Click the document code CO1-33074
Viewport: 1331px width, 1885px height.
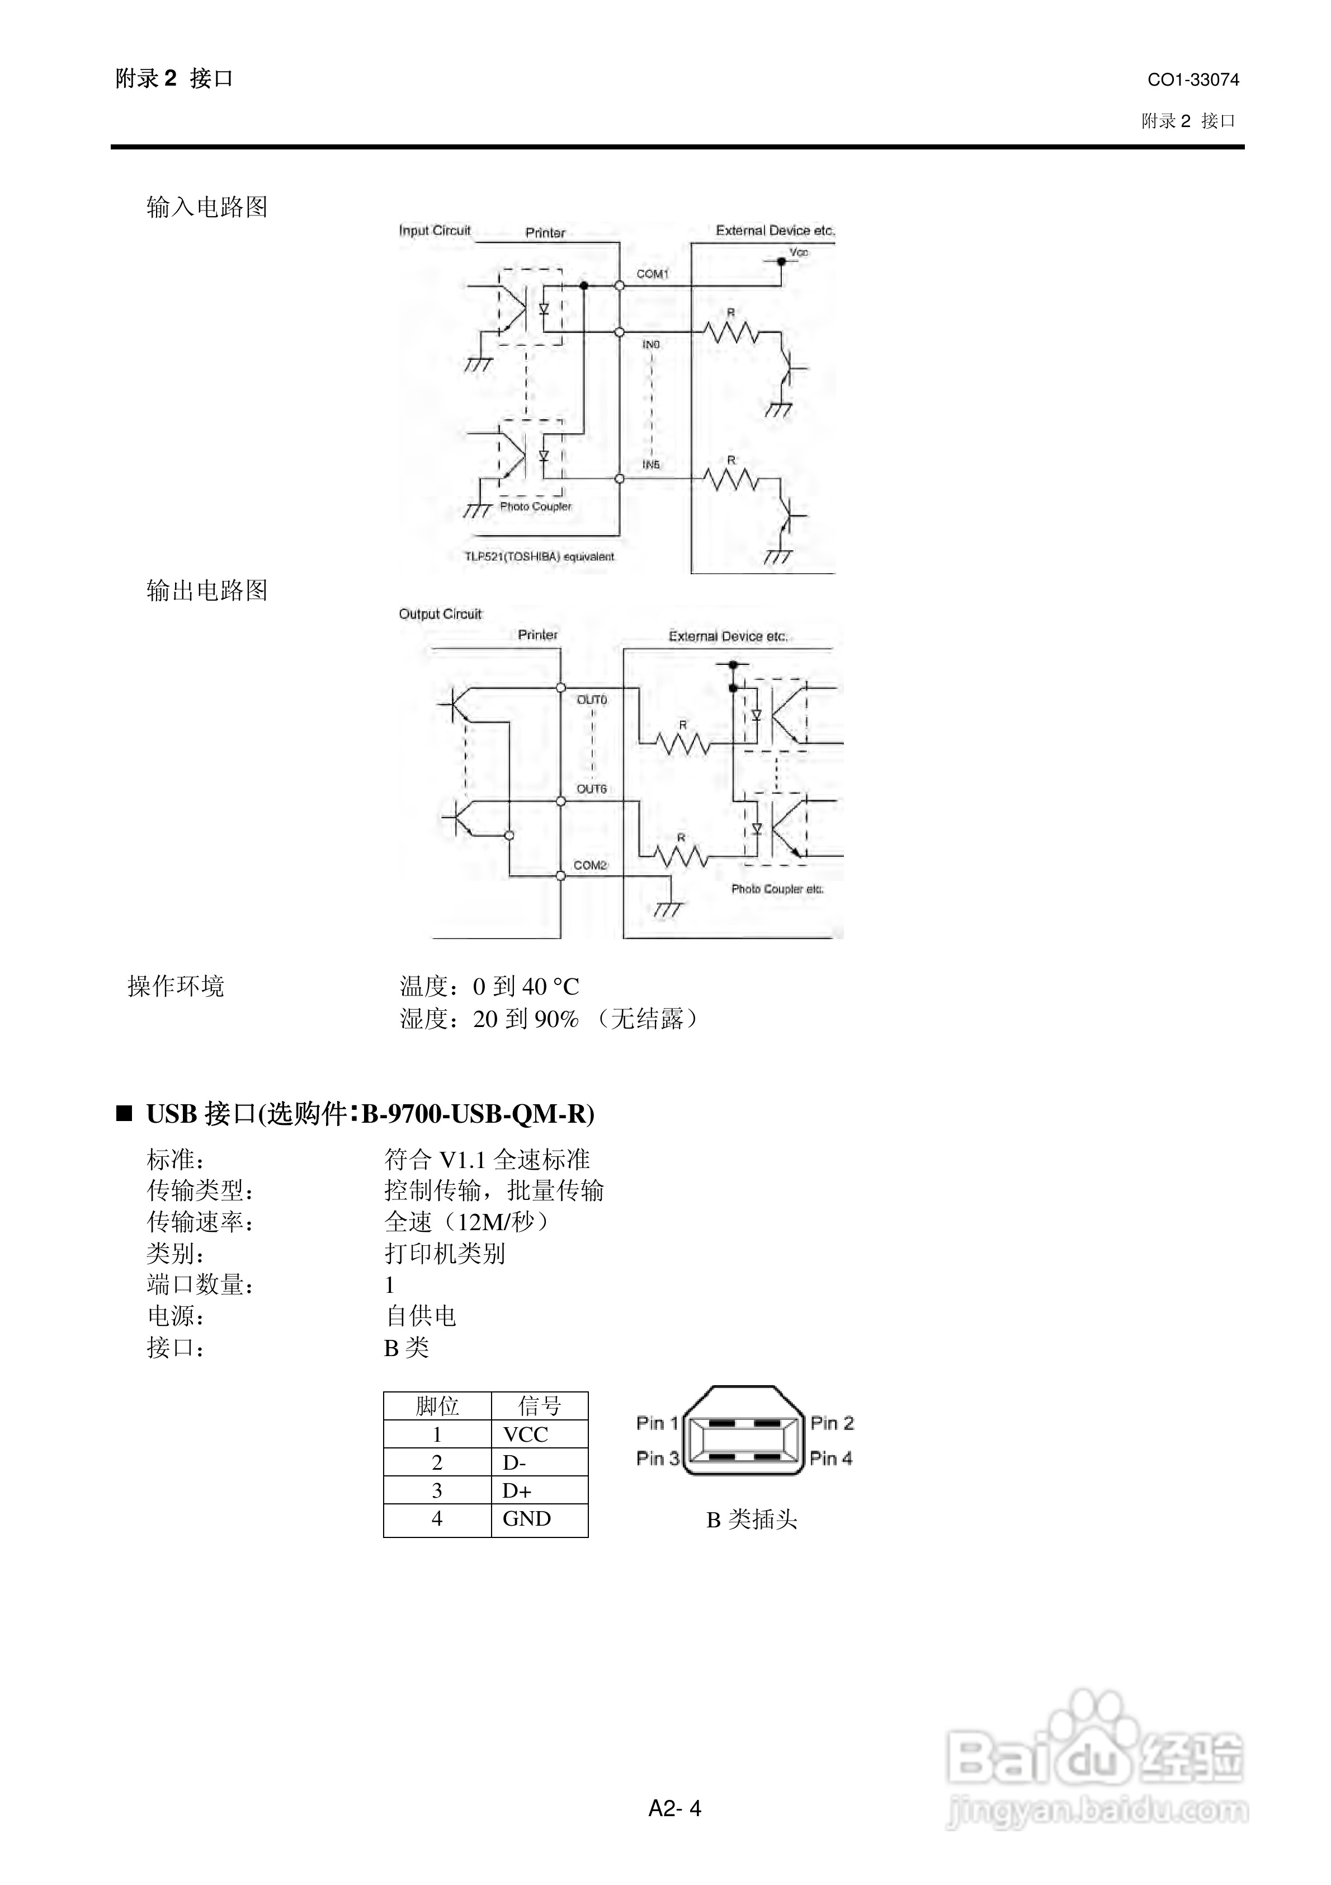(x=1192, y=79)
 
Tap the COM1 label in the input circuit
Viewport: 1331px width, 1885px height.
(x=653, y=273)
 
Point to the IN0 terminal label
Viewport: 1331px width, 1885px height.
(x=651, y=345)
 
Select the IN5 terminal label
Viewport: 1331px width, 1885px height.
(x=651, y=465)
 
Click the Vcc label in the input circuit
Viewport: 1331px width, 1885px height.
(x=799, y=252)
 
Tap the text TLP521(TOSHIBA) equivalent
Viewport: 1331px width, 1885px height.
(x=539, y=557)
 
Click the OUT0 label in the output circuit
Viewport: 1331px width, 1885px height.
(x=592, y=700)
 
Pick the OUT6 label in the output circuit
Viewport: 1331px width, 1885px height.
(x=592, y=789)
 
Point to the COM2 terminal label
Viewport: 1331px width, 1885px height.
(x=590, y=865)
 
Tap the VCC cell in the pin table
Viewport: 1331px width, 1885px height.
(x=525, y=1434)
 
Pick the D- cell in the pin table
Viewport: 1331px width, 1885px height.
(x=515, y=1462)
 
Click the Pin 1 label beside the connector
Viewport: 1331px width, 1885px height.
(x=657, y=1423)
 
